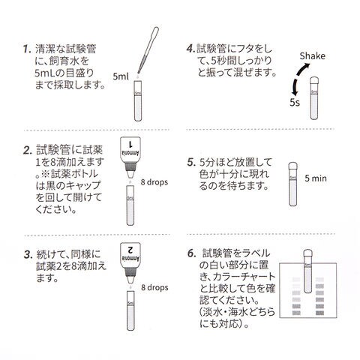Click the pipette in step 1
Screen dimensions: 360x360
pyautogui.click(x=148, y=49)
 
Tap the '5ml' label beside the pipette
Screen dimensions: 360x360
pyautogui.click(x=121, y=76)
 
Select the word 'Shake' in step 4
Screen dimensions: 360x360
pyautogui.click(x=313, y=56)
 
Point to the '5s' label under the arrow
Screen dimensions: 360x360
pyautogui.click(x=295, y=103)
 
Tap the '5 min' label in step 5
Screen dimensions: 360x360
pyautogui.click(x=316, y=178)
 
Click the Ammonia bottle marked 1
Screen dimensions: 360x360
pyautogui.click(x=130, y=157)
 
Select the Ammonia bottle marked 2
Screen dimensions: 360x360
pyautogui.click(x=130, y=263)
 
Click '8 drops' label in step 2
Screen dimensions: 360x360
pyautogui.click(x=154, y=182)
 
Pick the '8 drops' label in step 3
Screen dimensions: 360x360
pyautogui.click(x=154, y=287)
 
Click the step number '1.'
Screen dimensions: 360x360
pyautogui.click(x=27, y=49)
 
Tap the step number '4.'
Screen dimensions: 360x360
pyautogui.click(x=190, y=49)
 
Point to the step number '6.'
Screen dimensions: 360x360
pyautogui.click(x=192, y=253)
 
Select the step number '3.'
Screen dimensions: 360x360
pyautogui.click(x=28, y=255)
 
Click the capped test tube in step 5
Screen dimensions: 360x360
pyautogui.click(x=292, y=184)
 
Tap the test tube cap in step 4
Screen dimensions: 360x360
pyautogui.click(x=314, y=81)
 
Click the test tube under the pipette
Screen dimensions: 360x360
pyautogui.click(x=138, y=100)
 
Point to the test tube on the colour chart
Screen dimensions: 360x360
pyautogui.click(x=308, y=271)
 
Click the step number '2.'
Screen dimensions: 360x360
pyautogui.click(x=28, y=150)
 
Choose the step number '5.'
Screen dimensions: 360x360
pyautogui.click(x=191, y=163)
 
